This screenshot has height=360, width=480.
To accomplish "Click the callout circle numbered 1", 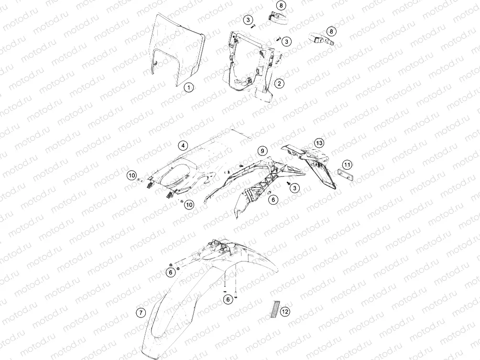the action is pos(189,87).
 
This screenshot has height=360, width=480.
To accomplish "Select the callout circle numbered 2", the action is pos(279,83).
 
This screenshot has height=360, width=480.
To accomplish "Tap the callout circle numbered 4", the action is pos(183,145).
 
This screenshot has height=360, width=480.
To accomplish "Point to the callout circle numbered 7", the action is pos(141,313).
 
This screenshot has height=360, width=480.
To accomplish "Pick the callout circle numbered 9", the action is pos(262,151).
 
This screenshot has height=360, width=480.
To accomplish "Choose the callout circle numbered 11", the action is pos(347,165).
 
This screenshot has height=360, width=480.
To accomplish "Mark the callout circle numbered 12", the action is pos(285,312).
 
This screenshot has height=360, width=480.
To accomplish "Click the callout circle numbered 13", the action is pos(319,143).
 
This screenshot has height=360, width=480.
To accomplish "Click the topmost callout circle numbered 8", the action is pos(281,5).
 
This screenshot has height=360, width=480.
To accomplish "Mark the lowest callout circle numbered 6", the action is pos(228,299).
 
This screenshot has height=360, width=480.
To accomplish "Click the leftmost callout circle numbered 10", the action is pos(132,176).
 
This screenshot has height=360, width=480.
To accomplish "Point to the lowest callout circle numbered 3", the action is pos(295,188).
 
